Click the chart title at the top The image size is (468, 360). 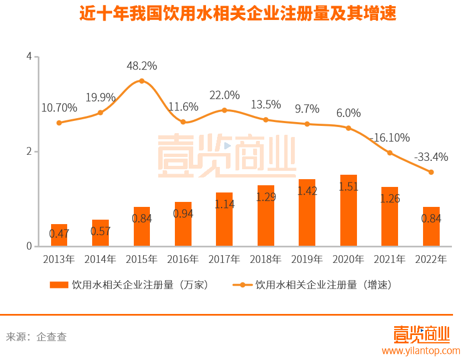[237, 14]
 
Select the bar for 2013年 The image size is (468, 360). [59, 235]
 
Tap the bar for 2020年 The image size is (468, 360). [348, 211]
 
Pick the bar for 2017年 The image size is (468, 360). [224, 219]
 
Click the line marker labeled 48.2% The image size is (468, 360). [142, 81]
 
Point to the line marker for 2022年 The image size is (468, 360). [431, 172]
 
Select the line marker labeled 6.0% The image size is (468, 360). [349, 128]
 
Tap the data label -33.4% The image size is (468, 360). [431, 157]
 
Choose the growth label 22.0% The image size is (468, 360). [224, 95]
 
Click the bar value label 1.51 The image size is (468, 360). [348, 187]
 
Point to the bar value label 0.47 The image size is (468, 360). [59, 234]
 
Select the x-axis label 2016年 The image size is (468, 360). [183, 259]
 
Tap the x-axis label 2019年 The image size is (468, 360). [307, 259]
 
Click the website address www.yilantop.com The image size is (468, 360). [421, 351]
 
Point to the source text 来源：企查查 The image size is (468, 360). [36, 337]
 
